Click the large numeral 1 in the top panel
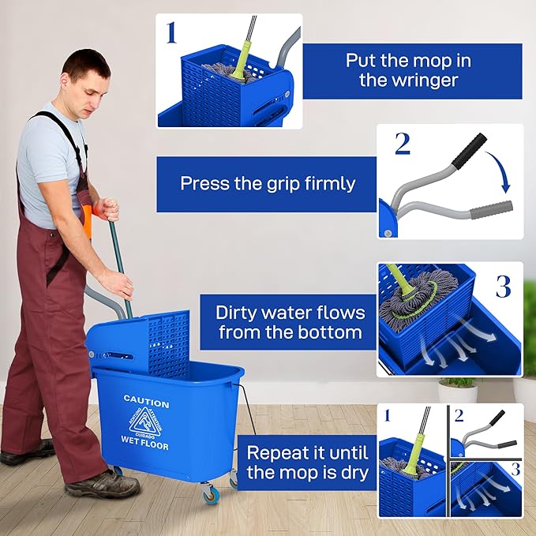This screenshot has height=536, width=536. pyautogui.click(x=171, y=33)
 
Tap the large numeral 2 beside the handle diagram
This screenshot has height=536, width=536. pyautogui.click(x=402, y=144)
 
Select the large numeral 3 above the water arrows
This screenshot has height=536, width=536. pyautogui.click(x=503, y=285)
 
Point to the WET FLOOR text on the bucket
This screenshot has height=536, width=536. pyautogui.click(x=145, y=440)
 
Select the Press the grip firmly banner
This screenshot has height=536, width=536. pyautogui.click(x=268, y=184)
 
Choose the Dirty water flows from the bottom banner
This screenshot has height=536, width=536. pyautogui.click(x=289, y=322)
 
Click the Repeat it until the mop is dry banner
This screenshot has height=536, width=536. pyautogui.click(x=307, y=463)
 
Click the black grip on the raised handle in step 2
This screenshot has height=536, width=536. pyautogui.click(x=473, y=147)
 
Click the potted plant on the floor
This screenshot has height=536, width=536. pyautogui.click(x=458, y=390)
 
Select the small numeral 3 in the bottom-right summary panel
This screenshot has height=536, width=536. pyautogui.click(x=514, y=469)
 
